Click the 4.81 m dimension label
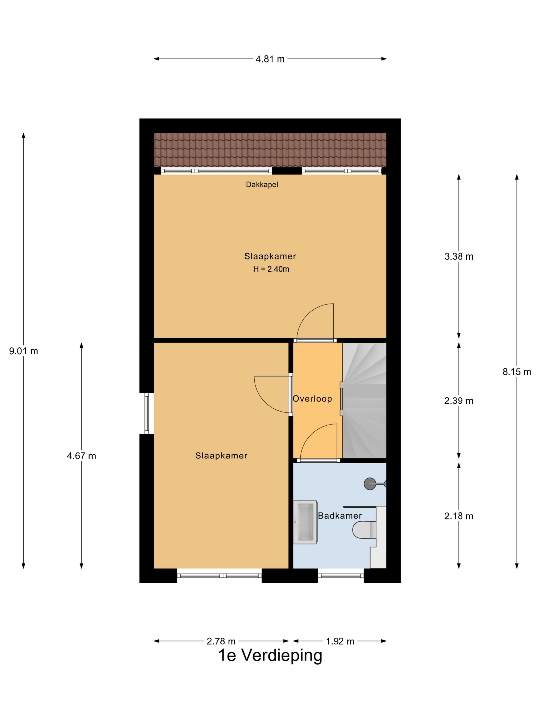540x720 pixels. click(270, 59)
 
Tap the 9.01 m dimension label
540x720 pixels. click(23, 351)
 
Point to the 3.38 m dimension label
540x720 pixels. click(459, 256)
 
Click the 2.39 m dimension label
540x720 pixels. click(459, 401)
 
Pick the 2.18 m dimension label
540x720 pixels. click(459, 516)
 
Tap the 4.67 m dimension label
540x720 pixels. click(81, 456)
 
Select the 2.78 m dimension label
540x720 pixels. click(221, 641)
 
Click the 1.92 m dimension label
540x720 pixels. click(340, 641)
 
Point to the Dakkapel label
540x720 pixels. click(262, 185)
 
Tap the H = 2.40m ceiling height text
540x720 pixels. click(271, 269)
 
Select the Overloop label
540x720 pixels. click(312, 399)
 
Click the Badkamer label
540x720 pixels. click(340, 516)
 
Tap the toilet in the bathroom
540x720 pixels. click(365, 530)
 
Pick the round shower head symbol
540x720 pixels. click(370, 484)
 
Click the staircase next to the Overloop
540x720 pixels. click(364, 400)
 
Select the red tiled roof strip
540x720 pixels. click(270, 150)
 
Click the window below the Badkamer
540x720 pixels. click(341, 575)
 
